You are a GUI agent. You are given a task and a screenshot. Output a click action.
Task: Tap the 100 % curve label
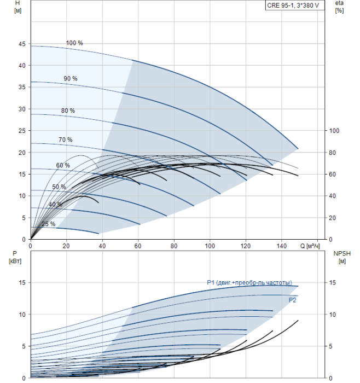[74, 43]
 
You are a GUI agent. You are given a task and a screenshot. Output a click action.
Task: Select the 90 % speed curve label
[70, 79]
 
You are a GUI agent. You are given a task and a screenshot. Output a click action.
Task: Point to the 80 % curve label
[68, 111]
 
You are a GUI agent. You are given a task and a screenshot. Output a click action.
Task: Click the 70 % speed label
[65, 140]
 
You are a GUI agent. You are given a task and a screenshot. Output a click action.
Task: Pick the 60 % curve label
[63, 165]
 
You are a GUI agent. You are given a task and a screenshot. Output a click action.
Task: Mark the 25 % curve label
[48, 224]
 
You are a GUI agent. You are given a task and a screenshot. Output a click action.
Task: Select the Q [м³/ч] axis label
[311, 246]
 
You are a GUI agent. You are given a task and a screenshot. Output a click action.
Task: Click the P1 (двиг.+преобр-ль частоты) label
[249, 282]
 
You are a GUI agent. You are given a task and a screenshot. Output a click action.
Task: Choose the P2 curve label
[293, 300]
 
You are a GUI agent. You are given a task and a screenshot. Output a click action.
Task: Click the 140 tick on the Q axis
[281, 246]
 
